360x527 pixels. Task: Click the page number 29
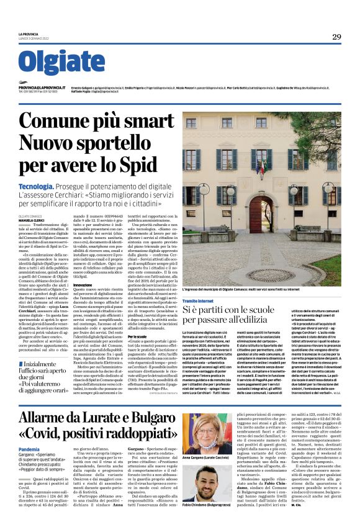coord(336,37)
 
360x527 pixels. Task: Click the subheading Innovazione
coord(83,285)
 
